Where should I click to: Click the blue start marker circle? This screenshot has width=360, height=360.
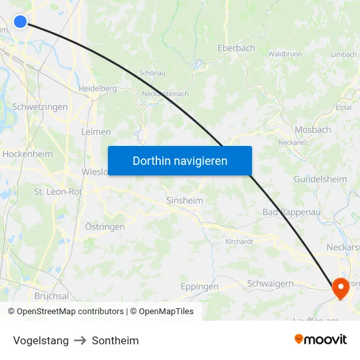pyautogui.click(x=20, y=22)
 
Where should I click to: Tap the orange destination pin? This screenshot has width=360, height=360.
pyautogui.click(x=340, y=287)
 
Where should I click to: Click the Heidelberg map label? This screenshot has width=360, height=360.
pyautogui.click(x=98, y=88)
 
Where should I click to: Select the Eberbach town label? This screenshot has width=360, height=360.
pyautogui.click(x=236, y=48)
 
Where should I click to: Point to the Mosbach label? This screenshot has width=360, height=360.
pyautogui.click(x=313, y=130)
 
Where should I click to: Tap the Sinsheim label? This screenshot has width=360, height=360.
pyautogui.click(x=185, y=200)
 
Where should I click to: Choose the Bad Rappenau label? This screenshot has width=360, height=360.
pyautogui.click(x=289, y=212)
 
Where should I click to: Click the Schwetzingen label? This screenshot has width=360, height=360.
pyautogui.click(x=40, y=107)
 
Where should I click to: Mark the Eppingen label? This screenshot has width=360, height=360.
pyautogui.click(x=199, y=287)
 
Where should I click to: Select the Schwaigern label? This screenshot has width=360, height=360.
pyautogui.click(x=271, y=283)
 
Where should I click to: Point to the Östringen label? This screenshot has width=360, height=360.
pyautogui.click(x=105, y=226)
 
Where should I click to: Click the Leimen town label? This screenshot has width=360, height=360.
pyautogui.click(x=96, y=132)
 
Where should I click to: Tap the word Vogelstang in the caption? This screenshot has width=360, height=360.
pyautogui.click(x=41, y=340)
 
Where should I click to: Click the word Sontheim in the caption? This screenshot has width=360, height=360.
pyautogui.click(x=115, y=340)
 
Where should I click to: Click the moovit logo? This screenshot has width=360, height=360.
pyautogui.click(x=320, y=339)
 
